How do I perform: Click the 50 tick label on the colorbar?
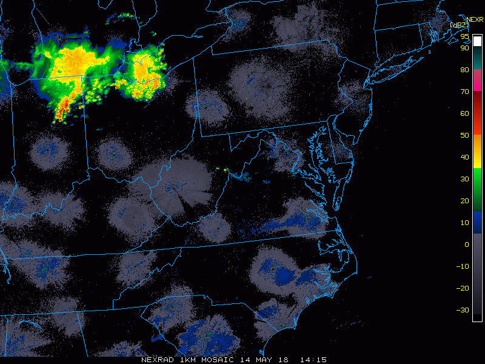coord(464,135)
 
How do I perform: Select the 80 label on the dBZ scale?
coord(464,70)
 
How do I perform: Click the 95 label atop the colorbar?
coord(464,37)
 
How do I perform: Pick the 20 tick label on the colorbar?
coord(464,201)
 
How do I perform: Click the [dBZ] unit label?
coord(459,25)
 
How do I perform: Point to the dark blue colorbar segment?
coord(478,223)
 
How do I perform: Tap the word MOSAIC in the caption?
coord(221,359)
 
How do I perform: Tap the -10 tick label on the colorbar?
coord(463,266)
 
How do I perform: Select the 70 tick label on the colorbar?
coord(464,92)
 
